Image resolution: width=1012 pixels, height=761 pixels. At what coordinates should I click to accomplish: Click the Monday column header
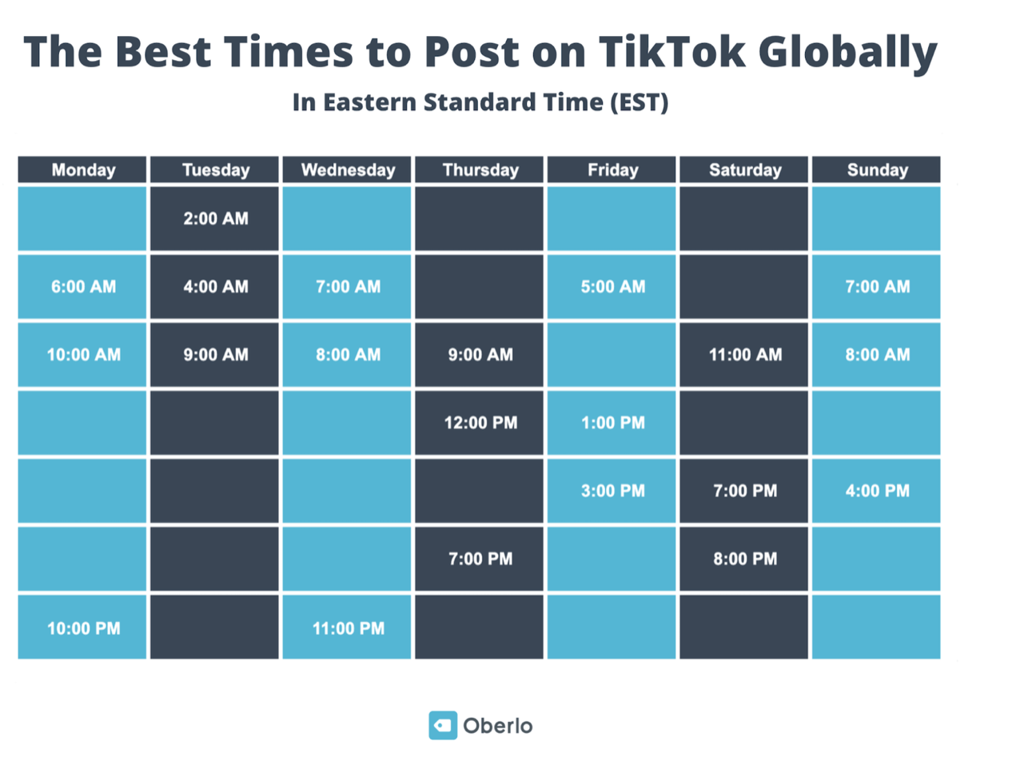[83, 169]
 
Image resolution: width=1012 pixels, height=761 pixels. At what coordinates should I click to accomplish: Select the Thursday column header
[480, 169]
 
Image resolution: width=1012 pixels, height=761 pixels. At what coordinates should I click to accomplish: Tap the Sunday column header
[877, 169]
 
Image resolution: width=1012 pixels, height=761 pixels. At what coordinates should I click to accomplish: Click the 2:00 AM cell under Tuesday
[215, 219]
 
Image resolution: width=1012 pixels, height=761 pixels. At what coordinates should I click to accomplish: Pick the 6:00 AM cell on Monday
[83, 287]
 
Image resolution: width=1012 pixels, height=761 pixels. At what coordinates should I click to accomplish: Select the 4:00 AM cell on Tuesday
[215, 287]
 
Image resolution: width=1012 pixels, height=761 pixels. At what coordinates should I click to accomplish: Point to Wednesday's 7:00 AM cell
[348, 287]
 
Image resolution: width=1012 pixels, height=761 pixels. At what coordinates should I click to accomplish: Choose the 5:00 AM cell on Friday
[612, 287]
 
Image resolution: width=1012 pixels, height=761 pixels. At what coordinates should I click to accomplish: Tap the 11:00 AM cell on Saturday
[745, 355]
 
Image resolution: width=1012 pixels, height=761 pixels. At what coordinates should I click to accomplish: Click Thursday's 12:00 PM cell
[480, 423]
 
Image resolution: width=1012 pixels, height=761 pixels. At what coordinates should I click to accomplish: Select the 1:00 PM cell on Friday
[612, 423]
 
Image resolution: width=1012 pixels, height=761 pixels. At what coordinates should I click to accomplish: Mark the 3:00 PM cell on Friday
[612, 491]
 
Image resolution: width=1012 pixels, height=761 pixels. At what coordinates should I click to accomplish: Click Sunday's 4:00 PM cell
[877, 491]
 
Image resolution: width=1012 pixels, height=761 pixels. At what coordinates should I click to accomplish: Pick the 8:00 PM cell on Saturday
[745, 559]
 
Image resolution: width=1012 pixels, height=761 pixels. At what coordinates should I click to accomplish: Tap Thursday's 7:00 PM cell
[480, 559]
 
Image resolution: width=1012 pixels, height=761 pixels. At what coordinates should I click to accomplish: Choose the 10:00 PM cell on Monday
[83, 628]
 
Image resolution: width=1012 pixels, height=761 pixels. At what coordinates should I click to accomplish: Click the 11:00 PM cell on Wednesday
[348, 628]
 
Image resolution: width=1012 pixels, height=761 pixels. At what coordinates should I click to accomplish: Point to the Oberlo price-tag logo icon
[442, 725]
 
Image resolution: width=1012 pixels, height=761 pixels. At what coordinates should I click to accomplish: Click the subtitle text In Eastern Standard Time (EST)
[480, 103]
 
